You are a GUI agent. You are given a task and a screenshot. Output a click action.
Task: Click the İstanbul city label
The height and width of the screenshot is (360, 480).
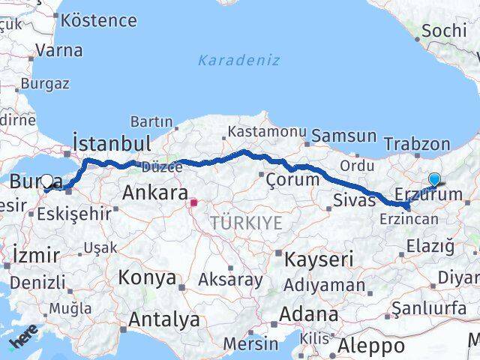(112, 142)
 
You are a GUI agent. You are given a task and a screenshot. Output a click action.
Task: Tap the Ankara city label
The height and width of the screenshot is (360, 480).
(155, 193)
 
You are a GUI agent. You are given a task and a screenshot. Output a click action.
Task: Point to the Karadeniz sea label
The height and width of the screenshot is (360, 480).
(239, 60)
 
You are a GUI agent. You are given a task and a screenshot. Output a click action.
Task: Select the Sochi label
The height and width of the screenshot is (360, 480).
(444, 31)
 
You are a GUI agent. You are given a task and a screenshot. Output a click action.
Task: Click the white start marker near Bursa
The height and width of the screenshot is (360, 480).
(47, 181)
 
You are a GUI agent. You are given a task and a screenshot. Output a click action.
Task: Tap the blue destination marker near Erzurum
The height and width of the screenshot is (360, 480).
(434, 179)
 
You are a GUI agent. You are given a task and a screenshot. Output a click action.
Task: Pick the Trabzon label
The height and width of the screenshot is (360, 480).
(416, 144)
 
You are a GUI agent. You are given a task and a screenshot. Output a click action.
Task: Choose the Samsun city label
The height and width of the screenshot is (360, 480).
(343, 136)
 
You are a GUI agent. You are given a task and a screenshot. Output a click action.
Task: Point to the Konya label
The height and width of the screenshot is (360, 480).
(147, 277)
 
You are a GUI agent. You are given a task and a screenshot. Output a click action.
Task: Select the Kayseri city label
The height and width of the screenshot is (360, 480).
(319, 259)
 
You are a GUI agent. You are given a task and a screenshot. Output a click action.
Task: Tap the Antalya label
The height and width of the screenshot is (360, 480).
(164, 319)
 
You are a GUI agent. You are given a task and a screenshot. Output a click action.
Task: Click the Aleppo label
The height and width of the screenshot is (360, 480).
(370, 346)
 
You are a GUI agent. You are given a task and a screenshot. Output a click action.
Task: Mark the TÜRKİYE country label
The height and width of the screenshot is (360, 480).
(246, 223)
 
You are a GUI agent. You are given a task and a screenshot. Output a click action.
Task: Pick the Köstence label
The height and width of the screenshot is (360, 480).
(99, 19)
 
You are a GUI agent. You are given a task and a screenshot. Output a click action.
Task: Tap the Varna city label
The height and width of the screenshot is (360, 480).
(58, 51)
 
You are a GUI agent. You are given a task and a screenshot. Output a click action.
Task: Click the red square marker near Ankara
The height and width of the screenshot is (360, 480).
(194, 202)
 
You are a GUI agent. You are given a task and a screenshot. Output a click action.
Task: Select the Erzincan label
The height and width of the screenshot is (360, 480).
(409, 219)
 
